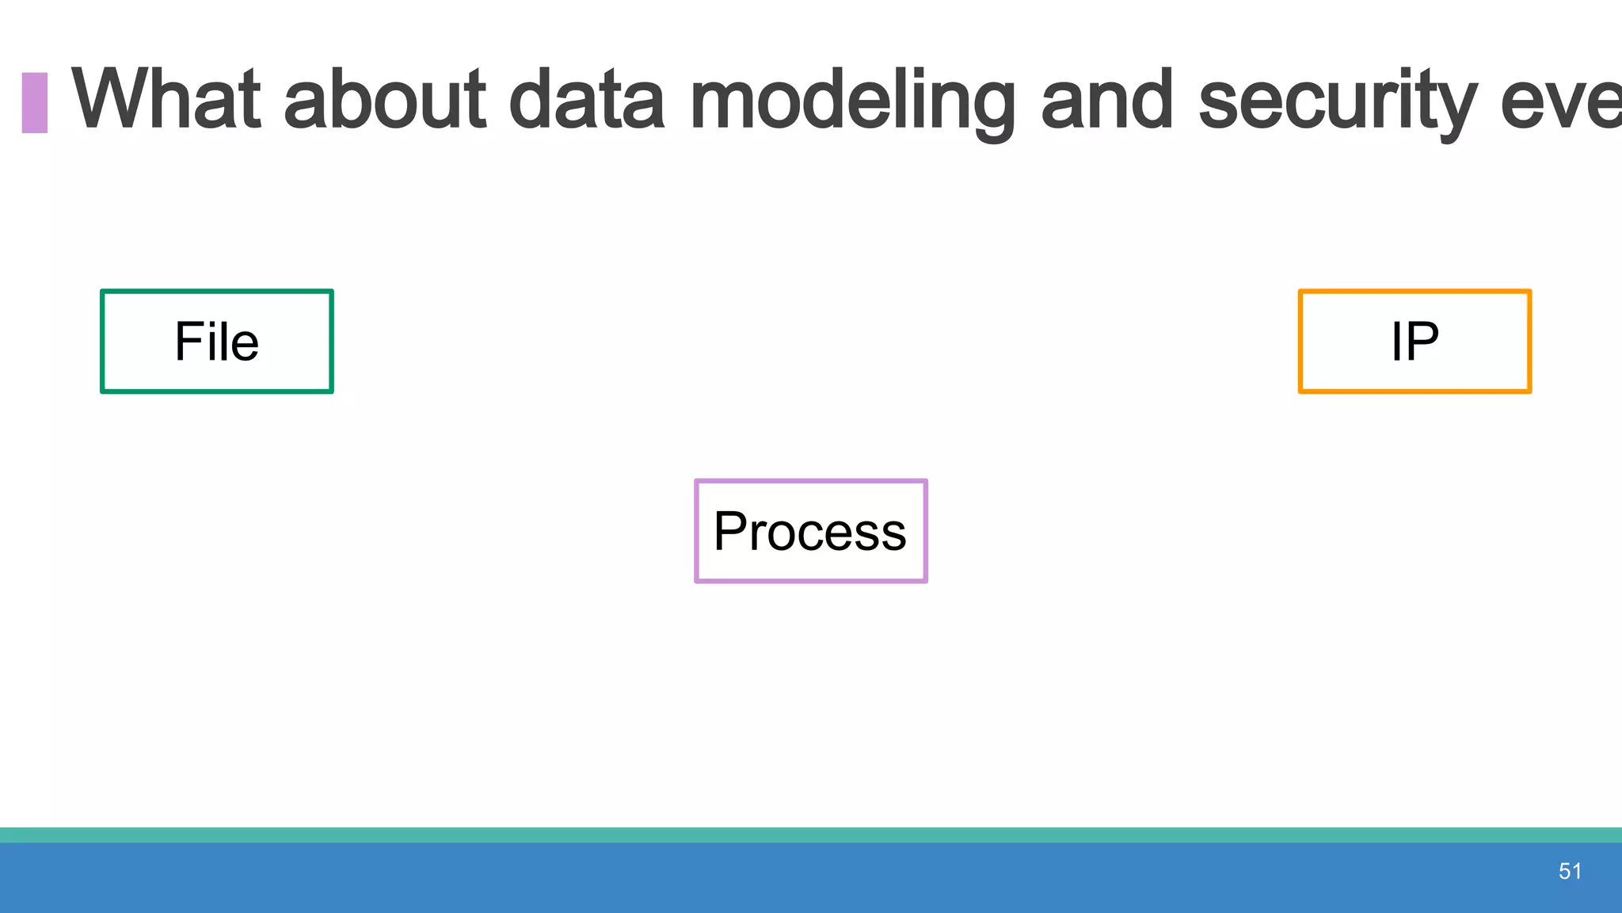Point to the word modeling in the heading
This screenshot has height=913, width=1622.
pyautogui.click(x=852, y=101)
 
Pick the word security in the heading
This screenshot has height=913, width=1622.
pyautogui.click(x=1338, y=101)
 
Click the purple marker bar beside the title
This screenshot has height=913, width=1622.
pyautogui.click(x=34, y=102)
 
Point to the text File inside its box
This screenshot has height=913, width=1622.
pyautogui.click(x=216, y=342)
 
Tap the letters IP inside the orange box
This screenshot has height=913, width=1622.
pyautogui.click(x=1414, y=342)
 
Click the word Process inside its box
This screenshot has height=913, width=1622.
pyautogui.click(x=810, y=532)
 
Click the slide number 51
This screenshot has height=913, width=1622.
pyautogui.click(x=1570, y=872)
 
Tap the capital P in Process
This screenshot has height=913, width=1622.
pyautogui.click(x=730, y=531)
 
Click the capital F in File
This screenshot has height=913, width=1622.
pyautogui.click(x=188, y=342)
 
